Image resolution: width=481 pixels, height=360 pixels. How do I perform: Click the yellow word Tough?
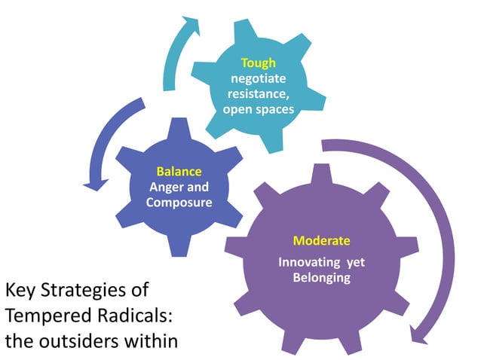click(259, 63)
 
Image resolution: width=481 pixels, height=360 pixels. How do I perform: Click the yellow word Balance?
click(179, 171)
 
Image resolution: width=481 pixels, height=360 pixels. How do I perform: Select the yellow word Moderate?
click(322, 241)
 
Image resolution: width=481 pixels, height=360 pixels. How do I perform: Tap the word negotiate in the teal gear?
click(259, 78)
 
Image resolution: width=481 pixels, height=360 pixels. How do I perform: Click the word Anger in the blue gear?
click(164, 187)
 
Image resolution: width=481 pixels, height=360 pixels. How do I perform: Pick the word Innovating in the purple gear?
click(307, 263)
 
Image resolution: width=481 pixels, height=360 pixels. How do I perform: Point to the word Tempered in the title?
click(43, 315)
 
